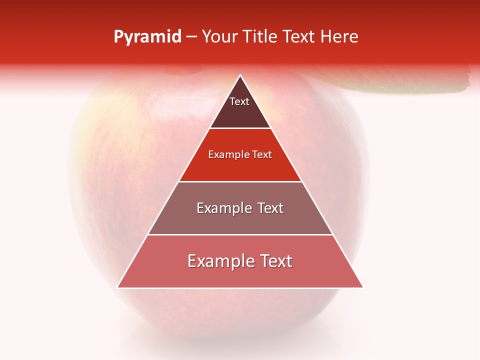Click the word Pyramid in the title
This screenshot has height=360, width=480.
tap(147, 37)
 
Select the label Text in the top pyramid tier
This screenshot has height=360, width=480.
tap(239, 102)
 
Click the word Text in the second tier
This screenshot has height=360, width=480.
tap(262, 155)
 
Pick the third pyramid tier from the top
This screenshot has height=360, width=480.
tap(240, 220)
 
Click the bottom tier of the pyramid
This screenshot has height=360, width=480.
tap(240, 275)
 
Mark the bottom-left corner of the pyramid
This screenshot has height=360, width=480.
tap(118, 287)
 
